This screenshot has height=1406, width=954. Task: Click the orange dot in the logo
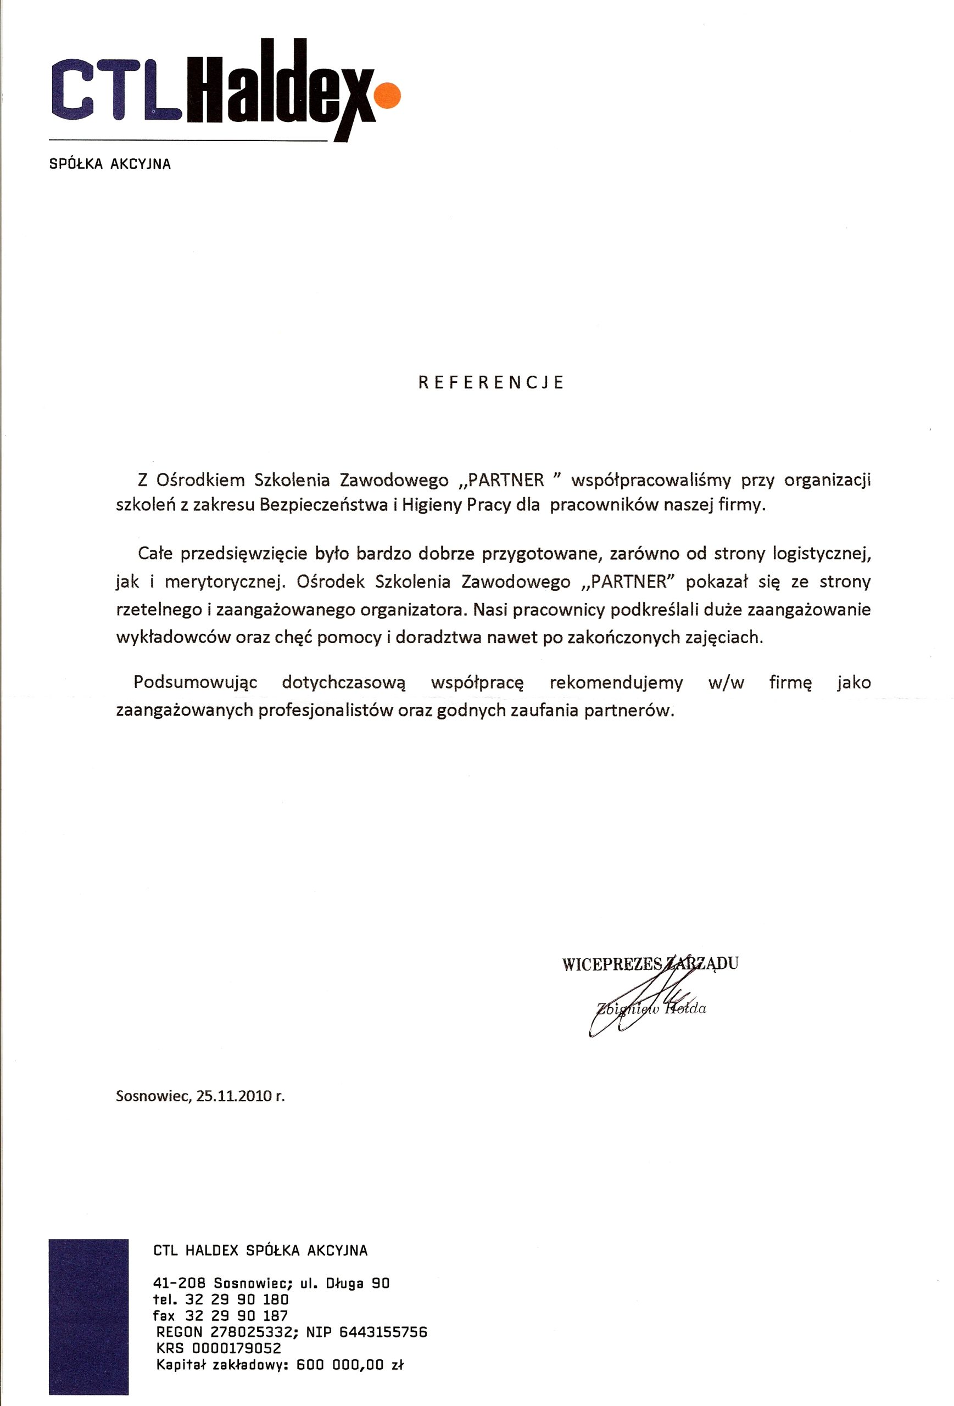point(387,95)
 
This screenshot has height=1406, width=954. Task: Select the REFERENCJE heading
point(491,382)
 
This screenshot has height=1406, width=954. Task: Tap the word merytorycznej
point(225,582)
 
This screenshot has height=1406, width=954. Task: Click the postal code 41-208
point(180,1283)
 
